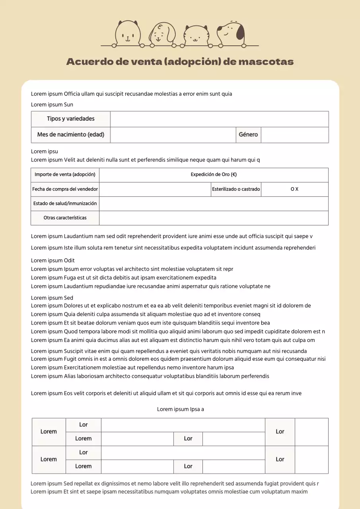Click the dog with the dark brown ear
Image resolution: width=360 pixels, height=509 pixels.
coord(231,33)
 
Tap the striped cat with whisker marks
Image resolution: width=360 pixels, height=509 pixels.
coord(197,35)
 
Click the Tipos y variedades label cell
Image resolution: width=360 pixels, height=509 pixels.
coord(71,119)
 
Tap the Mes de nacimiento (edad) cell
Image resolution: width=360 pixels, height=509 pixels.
coord(71,135)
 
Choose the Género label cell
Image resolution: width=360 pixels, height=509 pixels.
coord(248,135)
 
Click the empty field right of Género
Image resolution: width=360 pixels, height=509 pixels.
coord(294,135)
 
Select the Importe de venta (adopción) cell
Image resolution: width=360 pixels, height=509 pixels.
coord(65,175)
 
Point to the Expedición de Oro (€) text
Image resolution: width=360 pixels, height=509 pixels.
coord(214,175)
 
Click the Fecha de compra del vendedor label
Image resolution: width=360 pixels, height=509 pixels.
coord(65,189)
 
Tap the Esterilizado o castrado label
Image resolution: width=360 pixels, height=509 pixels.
coord(236,189)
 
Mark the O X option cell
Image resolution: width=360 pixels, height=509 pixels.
coord(294,189)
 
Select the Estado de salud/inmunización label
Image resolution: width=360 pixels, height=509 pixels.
coord(65,204)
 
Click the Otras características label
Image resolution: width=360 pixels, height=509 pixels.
coord(65,218)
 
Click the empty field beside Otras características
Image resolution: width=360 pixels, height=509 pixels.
coord(214,218)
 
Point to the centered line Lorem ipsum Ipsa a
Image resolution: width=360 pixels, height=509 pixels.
coord(180,409)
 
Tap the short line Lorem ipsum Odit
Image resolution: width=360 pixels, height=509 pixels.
coord(53,260)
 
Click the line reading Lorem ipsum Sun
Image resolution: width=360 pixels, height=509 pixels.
coord(52,105)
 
